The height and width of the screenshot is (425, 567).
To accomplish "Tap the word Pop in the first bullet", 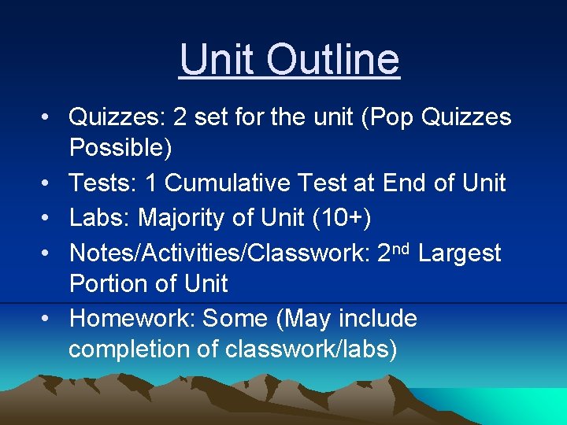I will pos(388,117).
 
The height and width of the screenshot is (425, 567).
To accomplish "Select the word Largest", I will pos(460,253).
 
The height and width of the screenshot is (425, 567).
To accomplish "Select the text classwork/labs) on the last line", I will pos(311,349).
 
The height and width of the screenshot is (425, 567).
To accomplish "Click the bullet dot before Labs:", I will pos(48,218).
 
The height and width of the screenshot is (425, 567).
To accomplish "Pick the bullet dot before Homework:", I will pos(48,319).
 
